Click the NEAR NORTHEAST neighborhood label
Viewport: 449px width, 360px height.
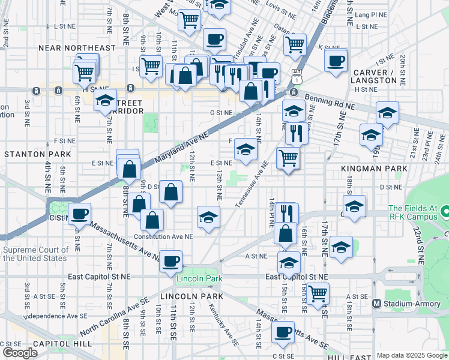pyautogui.click(x=76, y=47)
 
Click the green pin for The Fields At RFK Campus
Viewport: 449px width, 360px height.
pyautogui.click(x=445, y=212)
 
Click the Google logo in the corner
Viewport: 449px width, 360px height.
pyautogui.click(x=20, y=353)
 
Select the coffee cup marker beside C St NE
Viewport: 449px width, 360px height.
pyautogui.click(x=79, y=214)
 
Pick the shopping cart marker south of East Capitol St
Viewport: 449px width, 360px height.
pyautogui.click(x=318, y=294)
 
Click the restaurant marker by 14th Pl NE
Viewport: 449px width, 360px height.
pyautogui.click(x=286, y=212)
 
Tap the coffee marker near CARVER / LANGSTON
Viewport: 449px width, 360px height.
pyautogui.click(x=336, y=60)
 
